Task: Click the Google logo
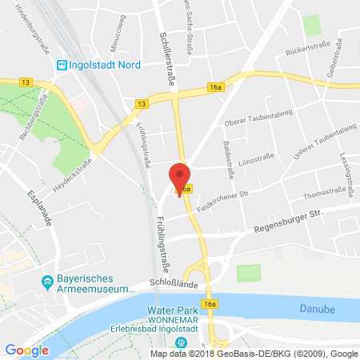[26, 350]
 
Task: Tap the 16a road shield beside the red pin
[186, 189]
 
